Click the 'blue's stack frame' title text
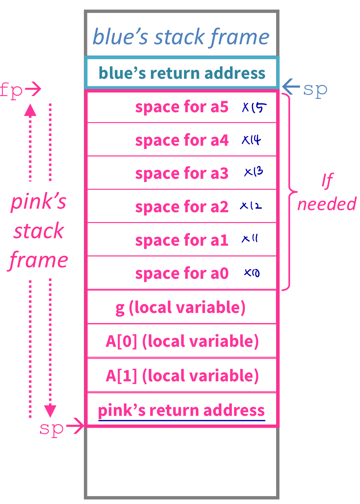coord(181,37)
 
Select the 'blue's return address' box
coord(182,73)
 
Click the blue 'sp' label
coord(315,89)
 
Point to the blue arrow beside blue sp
coord(291,86)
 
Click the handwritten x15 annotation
coord(254,107)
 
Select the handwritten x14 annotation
coord(251,140)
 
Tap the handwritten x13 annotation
coord(253,172)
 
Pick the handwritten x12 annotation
coord(251,205)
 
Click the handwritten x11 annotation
coord(250,239)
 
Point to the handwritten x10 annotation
coord(252,273)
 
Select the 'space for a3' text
coord(182,173)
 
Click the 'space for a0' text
coord(182,273)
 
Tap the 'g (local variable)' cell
coord(181,308)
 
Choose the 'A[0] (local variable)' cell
coord(182,341)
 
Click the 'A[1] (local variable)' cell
coord(182,376)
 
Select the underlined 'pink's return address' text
coord(181,410)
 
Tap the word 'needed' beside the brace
coord(327,204)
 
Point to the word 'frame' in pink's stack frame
coord(39,260)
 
